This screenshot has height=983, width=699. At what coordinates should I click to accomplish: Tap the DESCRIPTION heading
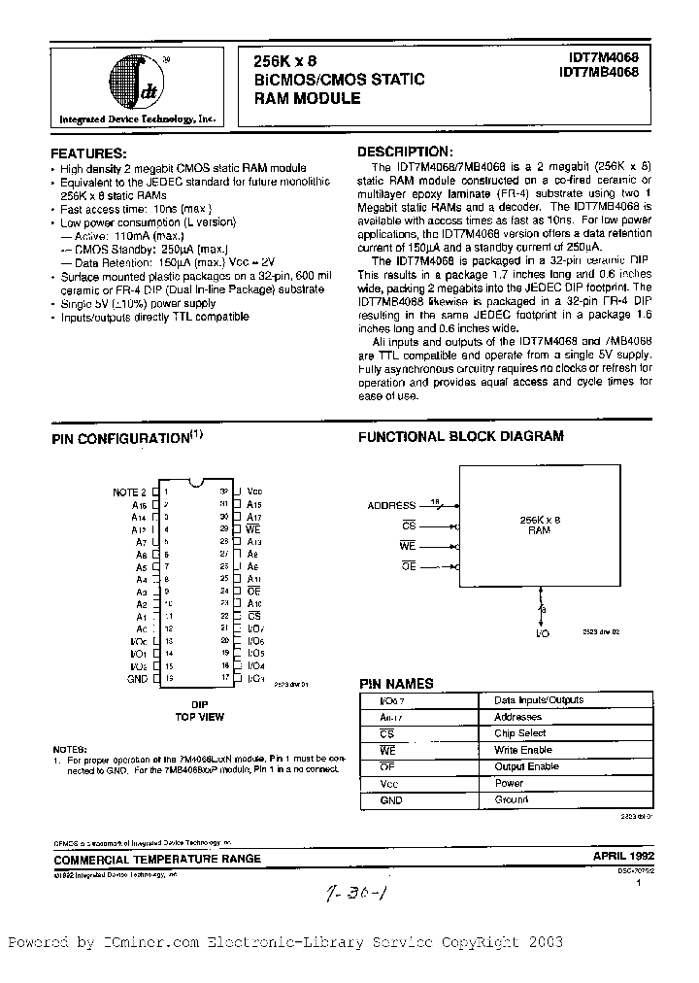[404, 152]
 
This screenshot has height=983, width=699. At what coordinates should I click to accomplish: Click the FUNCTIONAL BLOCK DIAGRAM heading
[461, 437]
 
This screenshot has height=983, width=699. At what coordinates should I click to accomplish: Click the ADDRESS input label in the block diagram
[391, 506]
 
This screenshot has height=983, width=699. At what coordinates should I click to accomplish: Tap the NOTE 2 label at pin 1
[129, 492]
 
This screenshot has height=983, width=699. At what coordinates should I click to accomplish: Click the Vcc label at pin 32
[254, 492]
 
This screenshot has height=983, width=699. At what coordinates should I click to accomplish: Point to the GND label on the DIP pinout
[137, 680]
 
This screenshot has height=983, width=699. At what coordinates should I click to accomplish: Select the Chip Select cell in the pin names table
[519, 733]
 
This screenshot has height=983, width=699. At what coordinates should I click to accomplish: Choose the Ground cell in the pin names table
[512, 799]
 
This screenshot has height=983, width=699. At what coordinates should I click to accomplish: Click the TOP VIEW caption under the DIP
[199, 717]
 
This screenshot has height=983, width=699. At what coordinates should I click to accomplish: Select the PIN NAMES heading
[396, 684]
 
